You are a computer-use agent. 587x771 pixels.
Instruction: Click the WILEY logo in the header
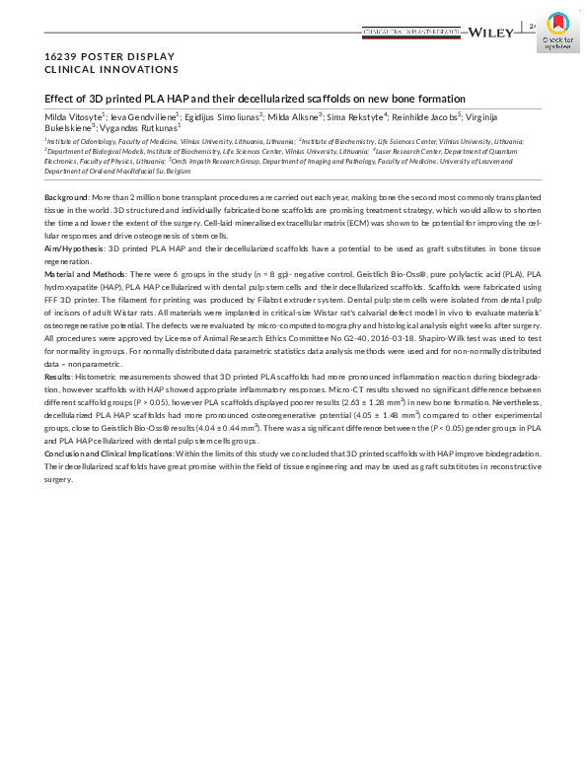[x=491, y=33]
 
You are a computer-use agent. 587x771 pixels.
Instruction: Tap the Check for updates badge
[x=558, y=33]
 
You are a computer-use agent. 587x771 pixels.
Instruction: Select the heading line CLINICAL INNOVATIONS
[x=111, y=70]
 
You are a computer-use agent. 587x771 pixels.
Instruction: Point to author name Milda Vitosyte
[x=72, y=117]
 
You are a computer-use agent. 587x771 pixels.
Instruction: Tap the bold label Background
[x=67, y=199]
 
